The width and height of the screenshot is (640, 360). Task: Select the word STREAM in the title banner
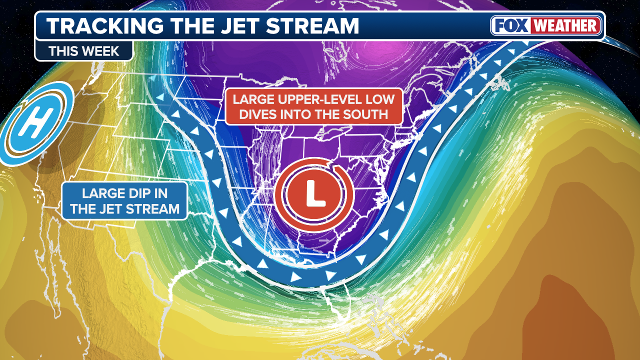coord(316,26)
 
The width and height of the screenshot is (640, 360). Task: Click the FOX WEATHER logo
coord(546,25)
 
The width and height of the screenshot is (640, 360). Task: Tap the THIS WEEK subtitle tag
coord(83,50)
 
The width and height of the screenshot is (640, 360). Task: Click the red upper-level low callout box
coord(313,106)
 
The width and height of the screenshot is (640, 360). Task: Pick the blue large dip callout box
coord(124,200)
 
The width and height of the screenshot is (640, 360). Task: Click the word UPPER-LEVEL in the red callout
coord(319,99)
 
